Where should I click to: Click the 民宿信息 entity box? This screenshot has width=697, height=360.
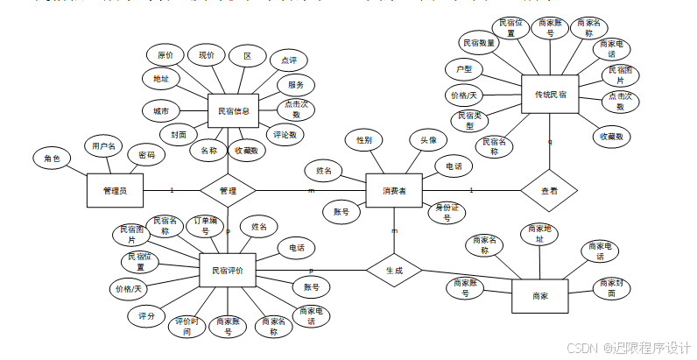(x=234, y=111)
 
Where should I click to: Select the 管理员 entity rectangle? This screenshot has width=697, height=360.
(x=116, y=190)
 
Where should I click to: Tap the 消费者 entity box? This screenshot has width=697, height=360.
(x=393, y=190)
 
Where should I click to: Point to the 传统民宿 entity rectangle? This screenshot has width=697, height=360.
(x=550, y=95)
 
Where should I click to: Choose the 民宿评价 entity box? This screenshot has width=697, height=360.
(x=228, y=271)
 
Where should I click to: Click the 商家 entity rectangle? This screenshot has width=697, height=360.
(x=539, y=296)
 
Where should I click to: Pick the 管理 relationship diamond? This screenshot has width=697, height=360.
(x=228, y=190)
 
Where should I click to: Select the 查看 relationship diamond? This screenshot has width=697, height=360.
(x=549, y=189)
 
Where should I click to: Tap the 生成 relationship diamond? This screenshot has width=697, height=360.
(x=394, y=272)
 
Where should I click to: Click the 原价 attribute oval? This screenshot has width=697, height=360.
(x=165, y=55)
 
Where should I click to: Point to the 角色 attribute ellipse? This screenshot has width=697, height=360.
(x=52, y=159)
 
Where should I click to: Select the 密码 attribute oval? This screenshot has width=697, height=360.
(x=146, y=155)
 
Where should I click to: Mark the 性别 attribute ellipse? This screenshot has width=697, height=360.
(x=363, y=139)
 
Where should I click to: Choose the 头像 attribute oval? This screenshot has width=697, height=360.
(x=429, y=139)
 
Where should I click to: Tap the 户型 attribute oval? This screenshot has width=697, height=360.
(x=464, y=68)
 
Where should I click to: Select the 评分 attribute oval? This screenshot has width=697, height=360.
(x=146, y=315)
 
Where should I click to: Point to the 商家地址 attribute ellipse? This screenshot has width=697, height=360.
(x=539, y=235)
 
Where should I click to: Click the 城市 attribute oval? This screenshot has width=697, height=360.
(x=161, y=111)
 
